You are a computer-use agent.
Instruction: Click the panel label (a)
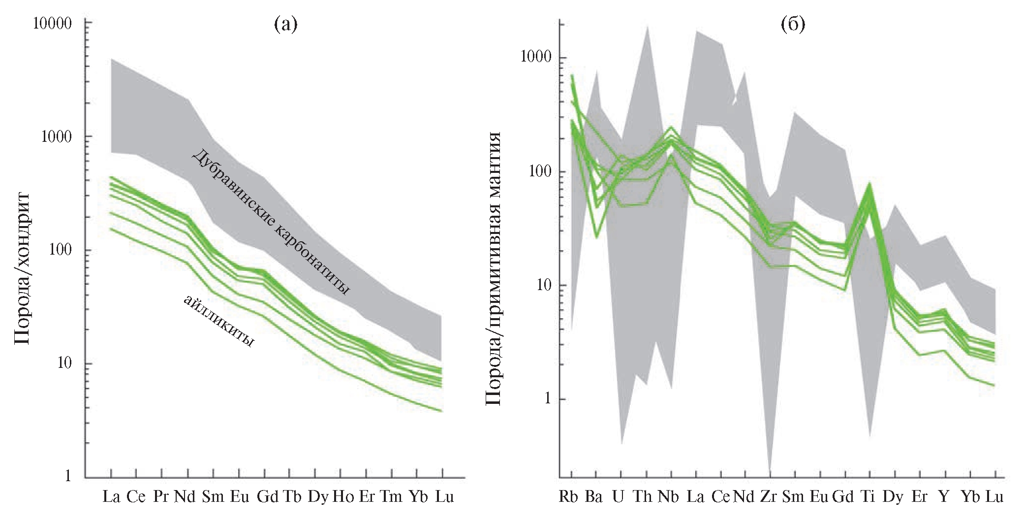click(x=286, y=25)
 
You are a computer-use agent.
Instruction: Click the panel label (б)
click(x=793, y=25)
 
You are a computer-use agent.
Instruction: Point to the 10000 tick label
click(x=52, y=24)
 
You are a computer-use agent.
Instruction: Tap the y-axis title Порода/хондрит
click(x=22, y=268)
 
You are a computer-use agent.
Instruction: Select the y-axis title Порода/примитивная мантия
click(x=493, y=268)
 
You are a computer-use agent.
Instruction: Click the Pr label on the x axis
click(x=161, y=497)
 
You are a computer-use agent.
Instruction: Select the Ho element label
click(x=342, y=497)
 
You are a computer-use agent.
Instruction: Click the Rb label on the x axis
click(x=571, y=497)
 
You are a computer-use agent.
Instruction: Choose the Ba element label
click(x=594, y=497)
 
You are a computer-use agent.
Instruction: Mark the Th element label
click(x=643, y=497)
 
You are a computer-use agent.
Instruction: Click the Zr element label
click(x=768, y=497)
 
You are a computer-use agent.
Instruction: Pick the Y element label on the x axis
click(x=943, y=497)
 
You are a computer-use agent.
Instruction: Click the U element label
click(x=618, y=497)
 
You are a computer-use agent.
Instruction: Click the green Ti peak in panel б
click(x=869, y=185)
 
